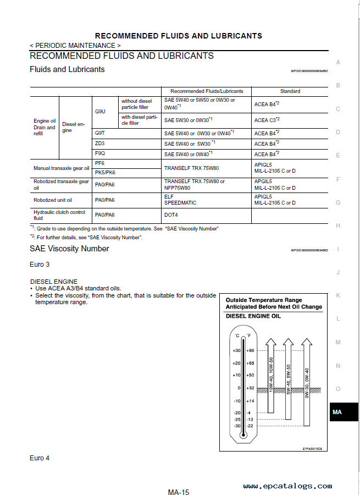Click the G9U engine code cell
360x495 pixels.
[100, 111]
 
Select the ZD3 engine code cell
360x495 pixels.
[99, 143]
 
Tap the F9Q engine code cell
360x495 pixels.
[99, 153]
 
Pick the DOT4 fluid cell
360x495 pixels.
[171, 215]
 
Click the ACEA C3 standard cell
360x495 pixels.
[267, 119]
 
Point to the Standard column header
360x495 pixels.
[290, 91]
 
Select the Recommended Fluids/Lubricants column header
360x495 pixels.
[206, 91]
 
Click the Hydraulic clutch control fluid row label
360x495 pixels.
[59, 215]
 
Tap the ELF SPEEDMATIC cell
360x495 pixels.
[180, 199]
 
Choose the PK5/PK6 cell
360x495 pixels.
[105, 172]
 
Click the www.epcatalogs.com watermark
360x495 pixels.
[287, 486]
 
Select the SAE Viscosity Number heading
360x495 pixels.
[69, 249]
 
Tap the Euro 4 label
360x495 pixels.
[40, 458]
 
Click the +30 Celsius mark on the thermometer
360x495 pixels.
[236, 350]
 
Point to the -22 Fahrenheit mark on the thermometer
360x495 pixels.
[250, 426]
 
